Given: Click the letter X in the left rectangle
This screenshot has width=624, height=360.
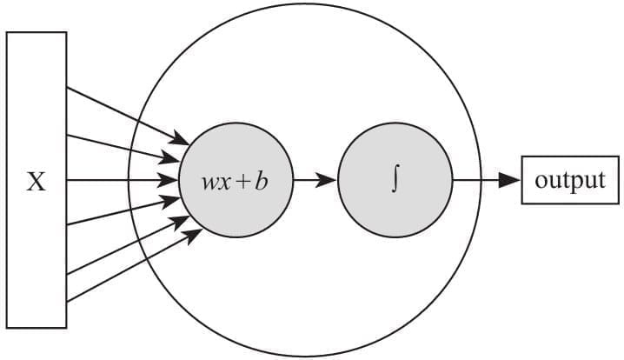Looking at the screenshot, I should [36, 183].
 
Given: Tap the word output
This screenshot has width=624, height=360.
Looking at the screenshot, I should [569, 181].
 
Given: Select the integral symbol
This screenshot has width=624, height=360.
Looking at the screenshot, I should [395, 182].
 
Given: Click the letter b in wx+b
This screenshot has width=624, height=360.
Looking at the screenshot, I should [260, 182].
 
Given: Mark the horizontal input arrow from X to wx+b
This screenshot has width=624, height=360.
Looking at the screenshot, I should [122, 182].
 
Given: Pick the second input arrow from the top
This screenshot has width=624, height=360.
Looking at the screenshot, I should [122, 148].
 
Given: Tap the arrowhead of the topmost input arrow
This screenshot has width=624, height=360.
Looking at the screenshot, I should [183, 140].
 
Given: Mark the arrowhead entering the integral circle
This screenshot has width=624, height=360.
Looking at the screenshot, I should [329, 182].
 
